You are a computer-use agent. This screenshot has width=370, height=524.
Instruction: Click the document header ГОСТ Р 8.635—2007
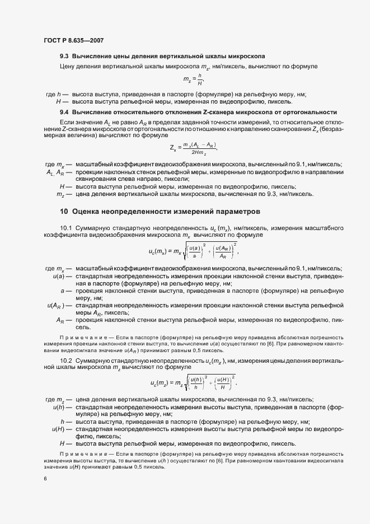[x=73, y=41]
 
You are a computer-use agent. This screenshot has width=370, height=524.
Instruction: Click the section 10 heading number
[x=64, y=212]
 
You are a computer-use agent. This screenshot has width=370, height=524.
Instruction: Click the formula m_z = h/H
[x=193, y=81]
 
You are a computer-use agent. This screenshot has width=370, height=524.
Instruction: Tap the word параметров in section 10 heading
[x=233, y=212]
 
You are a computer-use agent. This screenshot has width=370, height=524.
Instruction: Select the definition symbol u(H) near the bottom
[x=58, y=429]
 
